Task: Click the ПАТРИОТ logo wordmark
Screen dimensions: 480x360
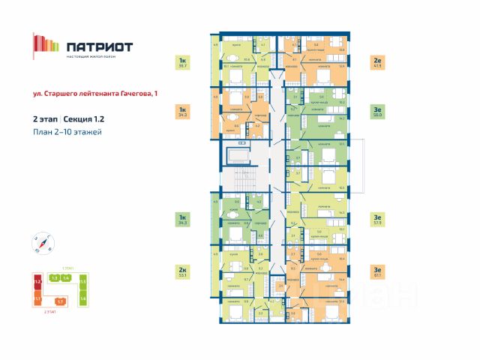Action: point(99,46)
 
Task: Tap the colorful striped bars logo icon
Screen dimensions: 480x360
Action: point(45,46)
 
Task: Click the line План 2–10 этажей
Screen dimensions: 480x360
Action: point(67,132)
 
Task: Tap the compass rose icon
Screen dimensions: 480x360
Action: point(43,241)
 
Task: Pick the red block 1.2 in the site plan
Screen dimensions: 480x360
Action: point(36,283)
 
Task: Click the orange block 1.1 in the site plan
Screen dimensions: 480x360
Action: point(36,298)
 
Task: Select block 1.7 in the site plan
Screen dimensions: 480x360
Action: point(61,301)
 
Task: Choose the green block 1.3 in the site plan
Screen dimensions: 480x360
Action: point(54,278)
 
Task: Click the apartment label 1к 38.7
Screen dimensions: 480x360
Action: point(181,63)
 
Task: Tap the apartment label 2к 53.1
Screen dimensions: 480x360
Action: point(181,271)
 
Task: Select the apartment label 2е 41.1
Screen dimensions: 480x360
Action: point(377,63)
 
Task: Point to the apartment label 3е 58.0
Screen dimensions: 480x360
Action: point(377,112)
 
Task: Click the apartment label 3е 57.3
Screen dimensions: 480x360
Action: point(377,219)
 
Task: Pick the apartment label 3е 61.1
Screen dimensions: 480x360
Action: point(377,271)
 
